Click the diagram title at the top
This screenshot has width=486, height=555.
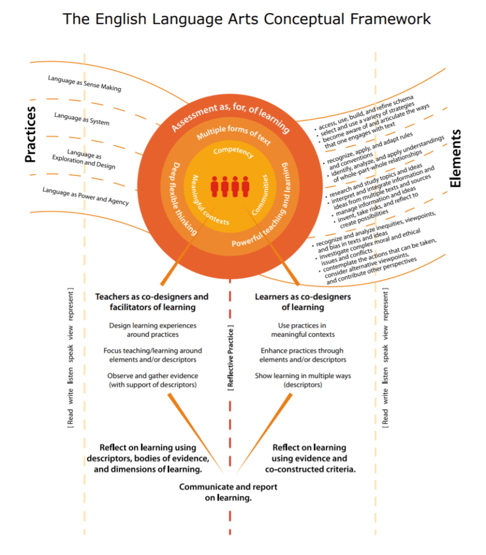point(247,19)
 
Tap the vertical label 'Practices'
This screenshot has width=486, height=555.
point(31,134)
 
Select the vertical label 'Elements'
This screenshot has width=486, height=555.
point(455,158)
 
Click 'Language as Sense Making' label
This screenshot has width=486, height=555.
point(84,83)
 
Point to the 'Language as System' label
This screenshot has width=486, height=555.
point(81,118)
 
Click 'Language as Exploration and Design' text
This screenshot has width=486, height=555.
point(84,159)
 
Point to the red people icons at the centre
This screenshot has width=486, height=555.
point(230,186)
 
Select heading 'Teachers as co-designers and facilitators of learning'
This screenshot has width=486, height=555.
point(152,302)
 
